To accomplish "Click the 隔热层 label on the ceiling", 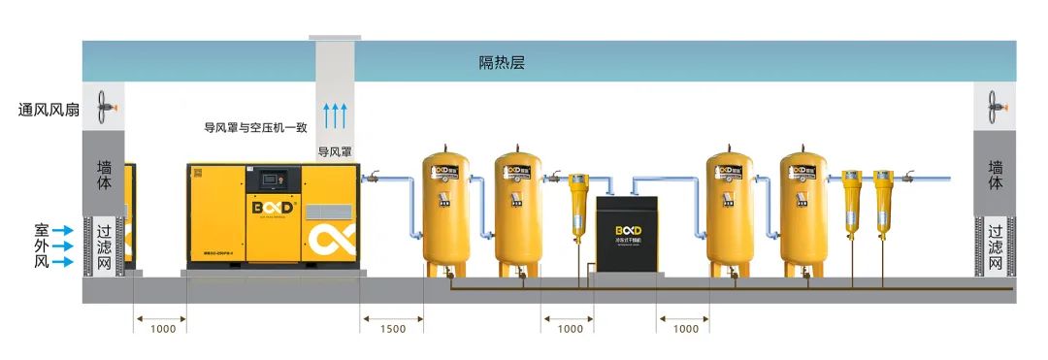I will pos(502,63).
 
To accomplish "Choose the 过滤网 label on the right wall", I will pos(995,246).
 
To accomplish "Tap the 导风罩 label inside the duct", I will pos(335,152).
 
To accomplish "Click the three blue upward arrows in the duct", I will pos(335,114).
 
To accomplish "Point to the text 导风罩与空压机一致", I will pos(255,127).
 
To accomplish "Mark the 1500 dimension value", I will pos(393,329).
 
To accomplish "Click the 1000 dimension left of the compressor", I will pos(161,329).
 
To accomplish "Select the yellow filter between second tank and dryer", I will pos(578,206).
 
